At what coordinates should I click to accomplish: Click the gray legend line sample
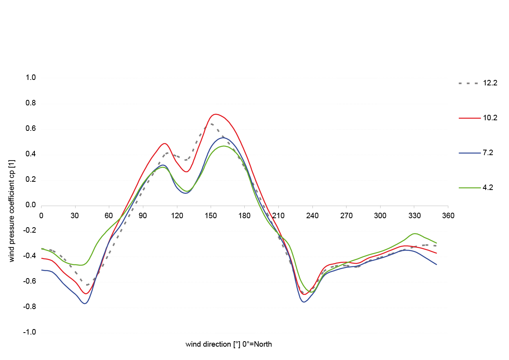click(x=471, y=83)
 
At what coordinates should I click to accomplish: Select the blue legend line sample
click(x=471, y=153)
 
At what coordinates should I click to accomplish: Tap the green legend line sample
click(x=471, y=188)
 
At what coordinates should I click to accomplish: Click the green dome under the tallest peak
click(x=225, y=165)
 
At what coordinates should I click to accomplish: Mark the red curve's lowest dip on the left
click(x=87, y=293)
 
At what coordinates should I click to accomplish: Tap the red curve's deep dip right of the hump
click(x=306, y=293)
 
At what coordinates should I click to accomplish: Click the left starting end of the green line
click(x=42, y=249)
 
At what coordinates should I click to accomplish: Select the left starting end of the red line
click(x=42, y=258)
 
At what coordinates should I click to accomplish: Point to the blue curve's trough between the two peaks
click(x=186, y=192)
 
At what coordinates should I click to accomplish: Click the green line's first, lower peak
click(x=162, y=167)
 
